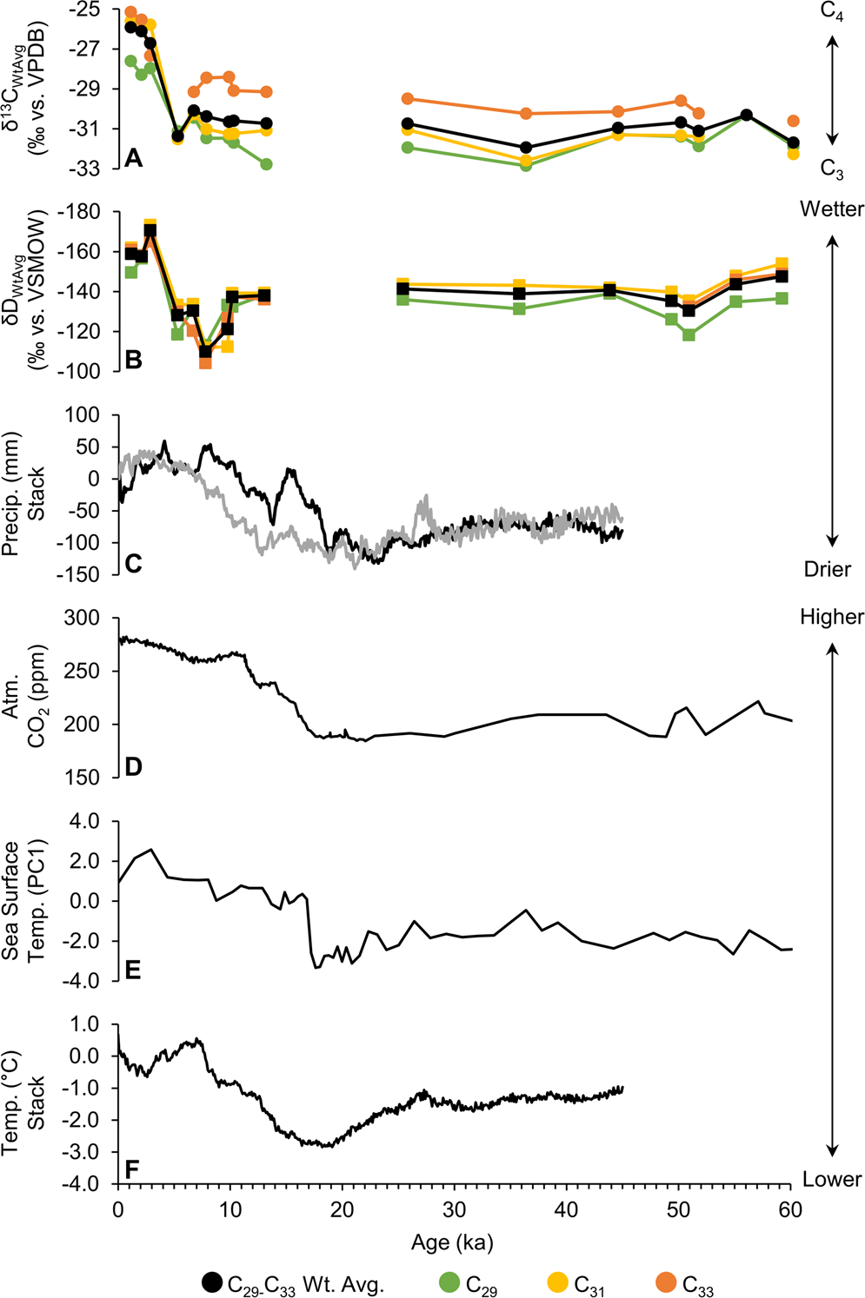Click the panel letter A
pos(133,157)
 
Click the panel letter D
pos(133,767)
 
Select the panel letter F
pos(132,1169)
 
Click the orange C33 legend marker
pos(666,1282)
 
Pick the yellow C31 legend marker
pos(557,1282)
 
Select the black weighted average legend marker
pos(212,1282)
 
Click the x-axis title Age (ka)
pos(452,1242)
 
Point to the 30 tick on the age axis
pos(454,1209)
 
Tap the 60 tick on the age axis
pos(790,1209)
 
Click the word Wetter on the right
pos(832,209)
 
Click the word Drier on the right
pos(828,569)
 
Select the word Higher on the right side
pos(832,617)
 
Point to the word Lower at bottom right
pos(832,1179)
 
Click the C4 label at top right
pos(832,11)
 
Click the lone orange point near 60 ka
pos(793,121)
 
